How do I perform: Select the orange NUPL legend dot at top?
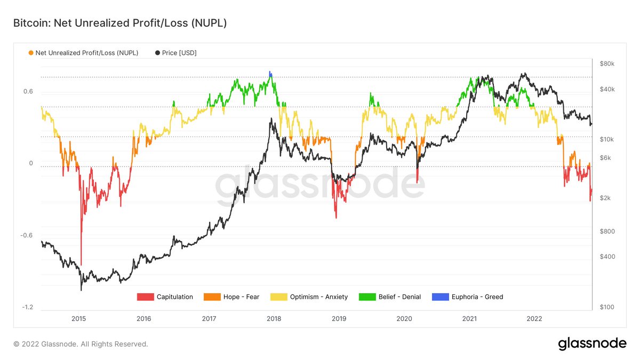pos(31,53)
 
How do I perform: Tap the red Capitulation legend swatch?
pos(145,297)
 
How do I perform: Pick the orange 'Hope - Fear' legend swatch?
pos(212,297)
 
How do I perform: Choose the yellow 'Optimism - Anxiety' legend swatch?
pos(279,297)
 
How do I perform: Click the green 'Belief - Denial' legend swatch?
pos(367,297)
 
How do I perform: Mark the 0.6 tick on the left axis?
pos(28,92)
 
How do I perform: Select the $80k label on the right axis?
pos(607,64)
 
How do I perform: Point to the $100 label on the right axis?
pos(607,307)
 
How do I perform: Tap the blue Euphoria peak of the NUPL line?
pos(270,73)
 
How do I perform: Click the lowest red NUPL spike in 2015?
pos(81,264)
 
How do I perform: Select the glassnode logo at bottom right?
pos(592,344)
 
